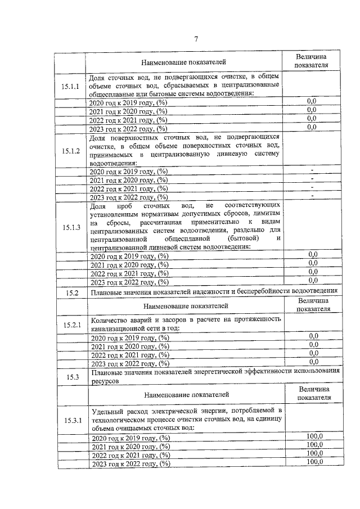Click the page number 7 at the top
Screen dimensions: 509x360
[x=196, y=39]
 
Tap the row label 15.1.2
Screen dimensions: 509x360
[x=71, y=151]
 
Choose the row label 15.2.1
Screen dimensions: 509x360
[x=73, y=325]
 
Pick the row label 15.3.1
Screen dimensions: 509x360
[x=73, y=420]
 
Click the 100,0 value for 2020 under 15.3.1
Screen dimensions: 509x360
[x=314, y=436]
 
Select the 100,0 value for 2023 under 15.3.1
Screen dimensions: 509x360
[x=314, y=462]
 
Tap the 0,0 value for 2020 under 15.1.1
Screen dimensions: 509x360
[x=312, y=101]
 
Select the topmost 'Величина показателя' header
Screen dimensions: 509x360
[x=310, y=61]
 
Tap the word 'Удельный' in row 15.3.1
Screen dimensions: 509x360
[x=107, y=412]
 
